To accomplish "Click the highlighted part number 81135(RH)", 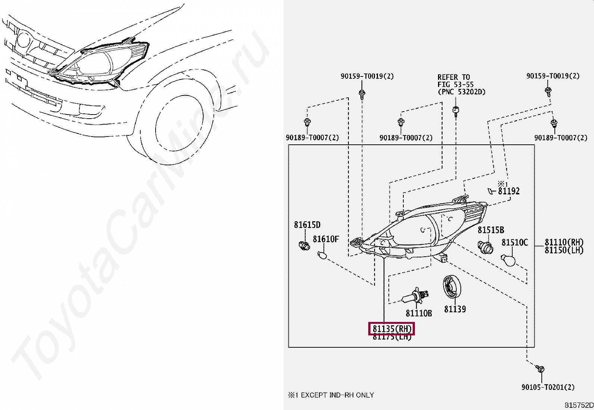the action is coord(392,329).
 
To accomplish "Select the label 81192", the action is coord(509,191).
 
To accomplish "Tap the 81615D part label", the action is coord(307,225).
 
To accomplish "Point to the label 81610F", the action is coord(326,239).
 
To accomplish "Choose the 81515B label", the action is coord(491,230).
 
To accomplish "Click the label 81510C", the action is coord(515,243).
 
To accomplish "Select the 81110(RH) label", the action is coord(564,242).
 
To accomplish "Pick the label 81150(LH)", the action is coord(564,250).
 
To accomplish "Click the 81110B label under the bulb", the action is coord(419,313).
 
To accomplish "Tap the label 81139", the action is coord(455,309).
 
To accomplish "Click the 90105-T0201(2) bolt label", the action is coord(548,387).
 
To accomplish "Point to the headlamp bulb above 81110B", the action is coord(415,297).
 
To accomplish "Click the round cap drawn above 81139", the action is coord(452,287).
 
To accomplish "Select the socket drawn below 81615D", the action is coord(304,246).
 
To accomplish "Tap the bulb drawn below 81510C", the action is coord(508,260).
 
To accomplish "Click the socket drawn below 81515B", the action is coord(485,247).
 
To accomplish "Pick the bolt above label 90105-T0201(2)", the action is coord(541,369).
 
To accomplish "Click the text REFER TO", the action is coord(454,77).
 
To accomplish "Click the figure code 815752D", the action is coord(579,405).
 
